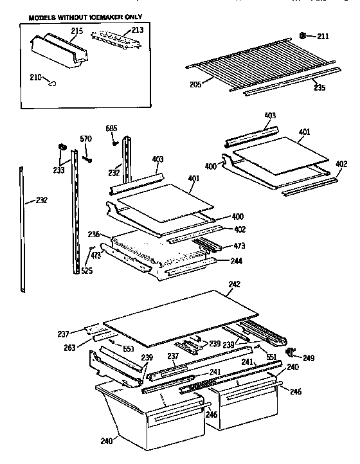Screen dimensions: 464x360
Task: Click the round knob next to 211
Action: (x=303, y=36)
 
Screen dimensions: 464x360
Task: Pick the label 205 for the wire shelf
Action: (x=195, y=83)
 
